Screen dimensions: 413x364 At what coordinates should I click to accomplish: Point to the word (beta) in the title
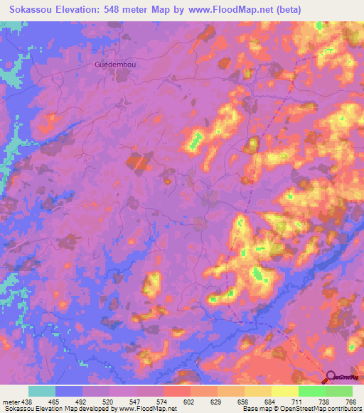[290, 10]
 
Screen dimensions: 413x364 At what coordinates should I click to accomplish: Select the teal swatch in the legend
[42, 391]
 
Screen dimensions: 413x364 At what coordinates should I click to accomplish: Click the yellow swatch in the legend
[285, 391]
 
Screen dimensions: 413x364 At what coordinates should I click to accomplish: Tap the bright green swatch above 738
[312, 391]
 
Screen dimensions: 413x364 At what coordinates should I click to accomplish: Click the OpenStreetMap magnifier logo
[331, 378]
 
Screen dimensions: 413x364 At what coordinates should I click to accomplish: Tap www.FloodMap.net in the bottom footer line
[148, 409]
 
